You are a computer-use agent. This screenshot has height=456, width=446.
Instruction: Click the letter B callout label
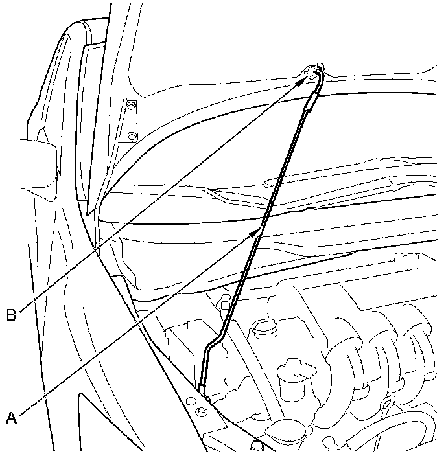point(11,315)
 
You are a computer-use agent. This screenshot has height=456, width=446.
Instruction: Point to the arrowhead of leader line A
point(259,227)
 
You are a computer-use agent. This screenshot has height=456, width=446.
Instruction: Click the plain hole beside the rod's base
point(192,402)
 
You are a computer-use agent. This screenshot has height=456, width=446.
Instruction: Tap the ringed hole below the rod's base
point(201,412)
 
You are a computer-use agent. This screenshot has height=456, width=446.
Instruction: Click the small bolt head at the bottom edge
point(257,445)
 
